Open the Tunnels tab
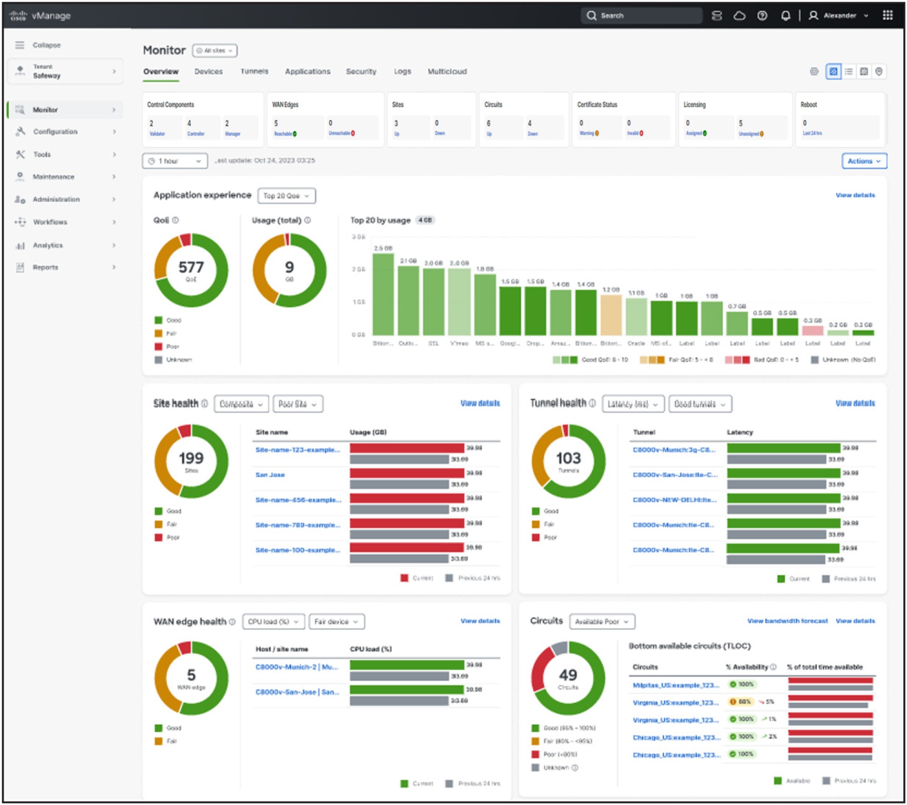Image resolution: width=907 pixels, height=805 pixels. coord(254,71)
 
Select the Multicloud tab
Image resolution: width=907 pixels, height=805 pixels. coord(447,71)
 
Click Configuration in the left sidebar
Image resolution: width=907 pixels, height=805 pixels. coord(55,132)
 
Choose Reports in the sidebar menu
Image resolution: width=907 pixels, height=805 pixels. coord(45,267)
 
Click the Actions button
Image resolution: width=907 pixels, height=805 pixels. coord(864,161)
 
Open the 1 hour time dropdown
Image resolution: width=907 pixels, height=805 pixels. coord(175,161)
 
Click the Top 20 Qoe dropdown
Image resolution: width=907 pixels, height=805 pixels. coord(286,196)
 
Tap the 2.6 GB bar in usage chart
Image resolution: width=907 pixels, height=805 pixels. coord(383,294)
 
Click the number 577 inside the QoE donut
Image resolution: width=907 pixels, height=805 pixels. coord(191,267)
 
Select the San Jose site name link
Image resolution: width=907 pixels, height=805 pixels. coord(270,475)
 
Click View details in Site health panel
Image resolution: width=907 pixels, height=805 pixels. coord(480,403)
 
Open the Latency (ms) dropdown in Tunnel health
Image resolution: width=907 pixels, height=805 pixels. coord(632,404)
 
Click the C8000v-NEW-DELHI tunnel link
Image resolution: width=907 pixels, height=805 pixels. coord(674,500)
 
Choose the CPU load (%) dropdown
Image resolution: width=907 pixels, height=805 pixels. coord(273,622)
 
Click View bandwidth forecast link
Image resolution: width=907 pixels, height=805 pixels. coord(787,621)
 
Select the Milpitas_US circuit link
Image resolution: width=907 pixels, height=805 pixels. coord(675,685)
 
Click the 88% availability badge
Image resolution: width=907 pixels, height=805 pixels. coord(741,702)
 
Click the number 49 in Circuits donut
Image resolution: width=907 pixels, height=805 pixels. coord(568,675)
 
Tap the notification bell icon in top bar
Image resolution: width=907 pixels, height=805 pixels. coord(785,16)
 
